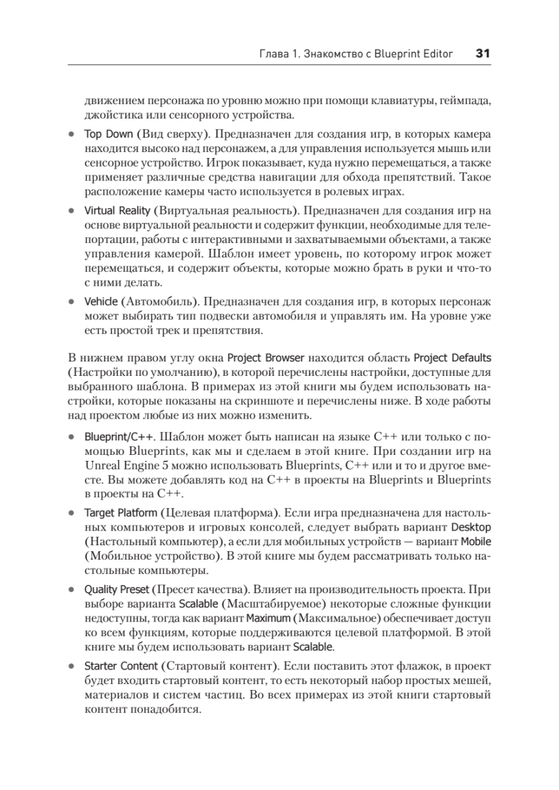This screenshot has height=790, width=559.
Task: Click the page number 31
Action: click(482, 54)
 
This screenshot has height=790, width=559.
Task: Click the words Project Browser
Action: click(265, 358)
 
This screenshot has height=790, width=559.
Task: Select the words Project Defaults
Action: click(452, 358)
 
